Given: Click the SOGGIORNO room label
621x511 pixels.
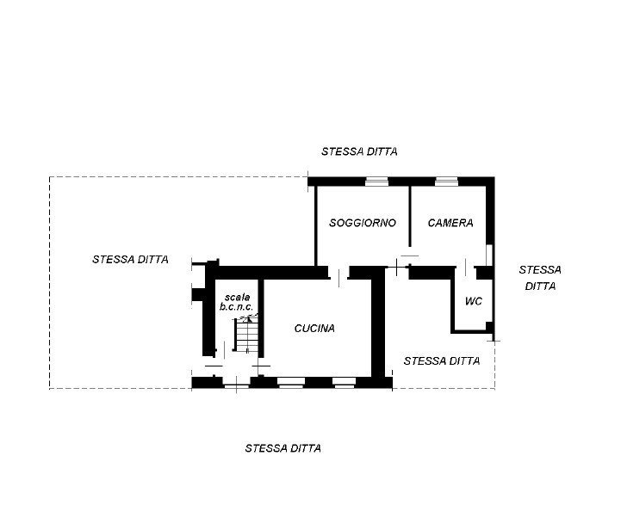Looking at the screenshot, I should click(x=363, y=223).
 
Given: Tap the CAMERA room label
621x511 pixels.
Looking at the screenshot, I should click(x=450, y=223).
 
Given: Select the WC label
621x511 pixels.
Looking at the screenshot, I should click(x=473, y=301).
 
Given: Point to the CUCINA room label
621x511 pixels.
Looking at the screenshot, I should click(x=314, y=328).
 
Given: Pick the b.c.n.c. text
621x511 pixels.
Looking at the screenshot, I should click(x=237, y=307).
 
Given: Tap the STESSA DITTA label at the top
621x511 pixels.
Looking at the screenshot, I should click(x=359, y=151).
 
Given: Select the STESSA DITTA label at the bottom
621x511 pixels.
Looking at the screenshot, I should click(x=283, y=448).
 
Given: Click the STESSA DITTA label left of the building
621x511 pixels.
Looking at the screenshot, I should click(x=130, y=259).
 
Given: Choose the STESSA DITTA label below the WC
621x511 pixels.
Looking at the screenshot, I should click(x=441, y=361).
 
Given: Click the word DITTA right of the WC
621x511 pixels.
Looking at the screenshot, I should click(x=540, y=286).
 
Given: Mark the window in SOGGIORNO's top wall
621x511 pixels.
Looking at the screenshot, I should click(x=377, y=181).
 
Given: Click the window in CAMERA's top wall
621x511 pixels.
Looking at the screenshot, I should click(x=446, y=181).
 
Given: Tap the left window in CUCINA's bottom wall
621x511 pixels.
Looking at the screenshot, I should click(x=291, y=382).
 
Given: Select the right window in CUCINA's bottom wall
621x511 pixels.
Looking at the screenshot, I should click(x=345, y=382).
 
